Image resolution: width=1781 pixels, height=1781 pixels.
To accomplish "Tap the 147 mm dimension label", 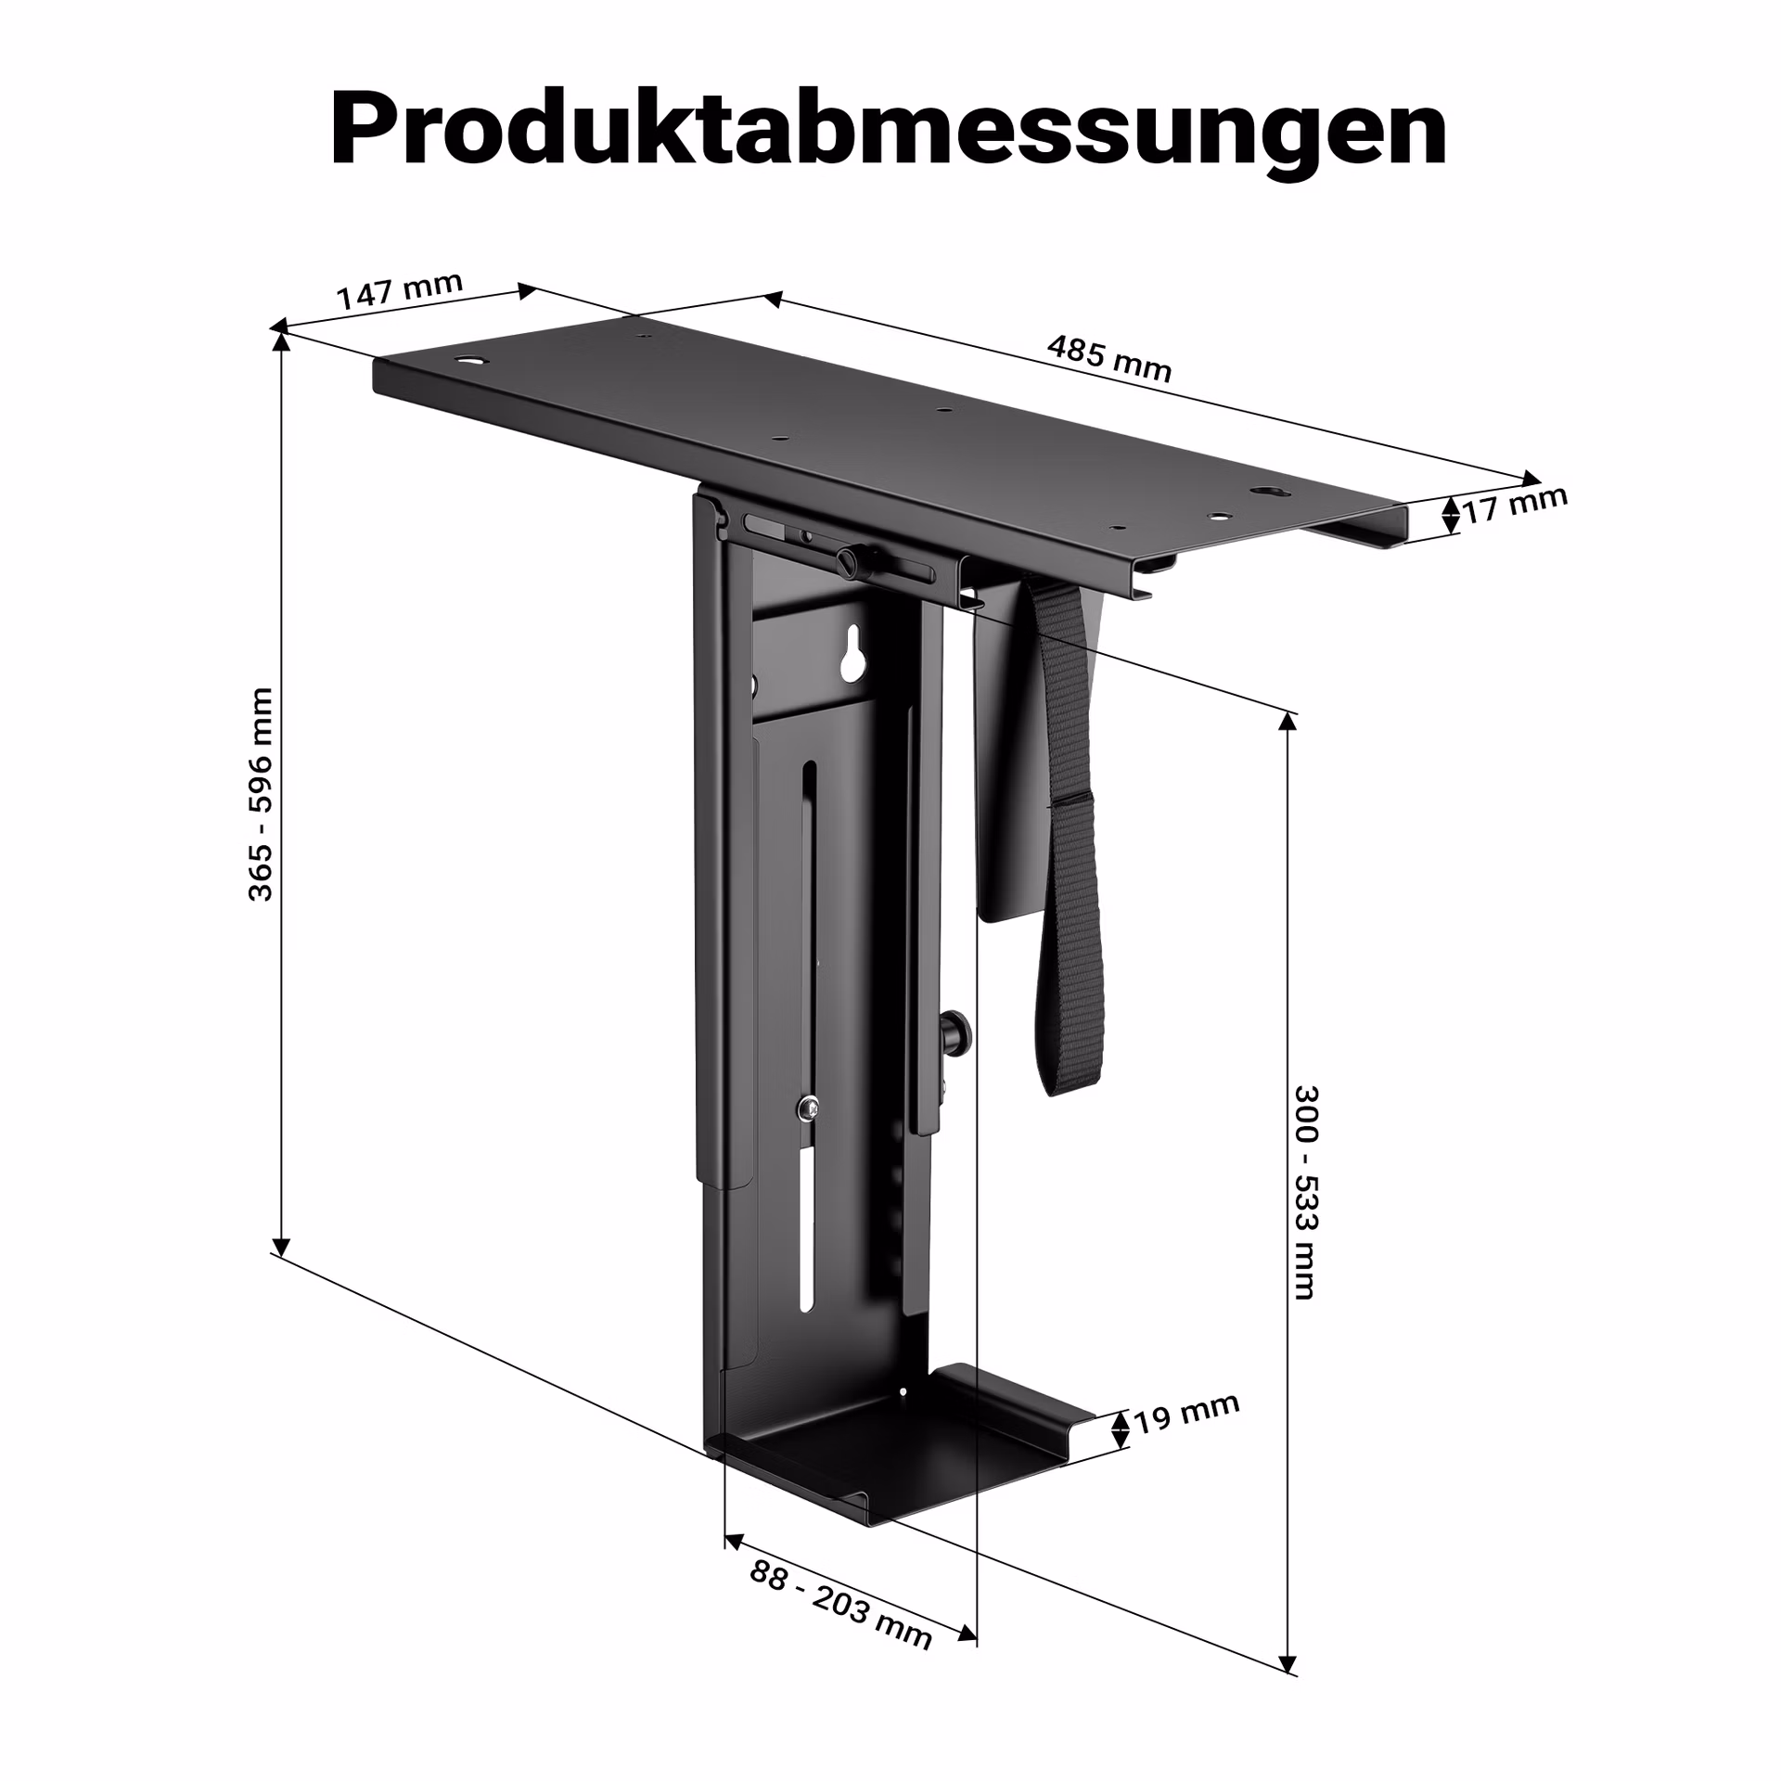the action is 399,291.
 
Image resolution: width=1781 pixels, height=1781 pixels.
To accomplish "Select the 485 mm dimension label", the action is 1109,358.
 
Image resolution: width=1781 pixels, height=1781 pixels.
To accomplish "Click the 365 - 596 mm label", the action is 261,794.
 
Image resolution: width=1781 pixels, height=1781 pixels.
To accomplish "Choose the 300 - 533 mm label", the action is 1305,1192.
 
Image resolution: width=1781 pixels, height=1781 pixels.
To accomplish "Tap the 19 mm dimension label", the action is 1186,1413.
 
